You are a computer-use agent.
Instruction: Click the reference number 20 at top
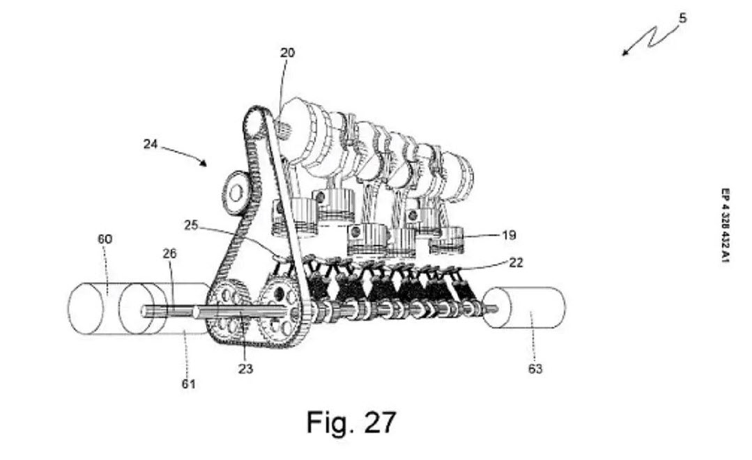[x=287, y=53]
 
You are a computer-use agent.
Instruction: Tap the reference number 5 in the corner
[x=682, y=19]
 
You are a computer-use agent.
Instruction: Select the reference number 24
[x=151, y=145]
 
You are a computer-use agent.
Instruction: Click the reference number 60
[x=104, y=239]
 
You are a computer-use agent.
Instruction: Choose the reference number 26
[x=169, y=254]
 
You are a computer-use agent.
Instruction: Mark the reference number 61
[x=188, y=383]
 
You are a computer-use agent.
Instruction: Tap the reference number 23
[x=245, y=369]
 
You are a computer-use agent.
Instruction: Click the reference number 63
[x=535, y=369]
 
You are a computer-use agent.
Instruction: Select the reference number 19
[x=509, y=235]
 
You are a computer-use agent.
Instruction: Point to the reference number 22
[x=516, y=262]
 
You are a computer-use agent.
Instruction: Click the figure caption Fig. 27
[x=351, y=422]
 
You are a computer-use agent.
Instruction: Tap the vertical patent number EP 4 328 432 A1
[x=726, y=227]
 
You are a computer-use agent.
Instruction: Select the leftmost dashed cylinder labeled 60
[x=94, y=307]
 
